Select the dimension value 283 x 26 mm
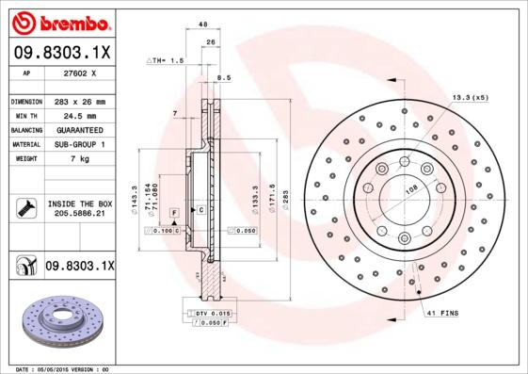(79, 102)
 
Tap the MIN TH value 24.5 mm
(79, 116)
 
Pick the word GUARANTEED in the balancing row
(79, 130)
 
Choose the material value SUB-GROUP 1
(79, 144)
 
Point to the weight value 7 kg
(79, 158)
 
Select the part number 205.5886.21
(79, 215)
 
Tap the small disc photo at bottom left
(60, 321)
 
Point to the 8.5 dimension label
(223, 78)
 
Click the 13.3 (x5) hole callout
(470, 97)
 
